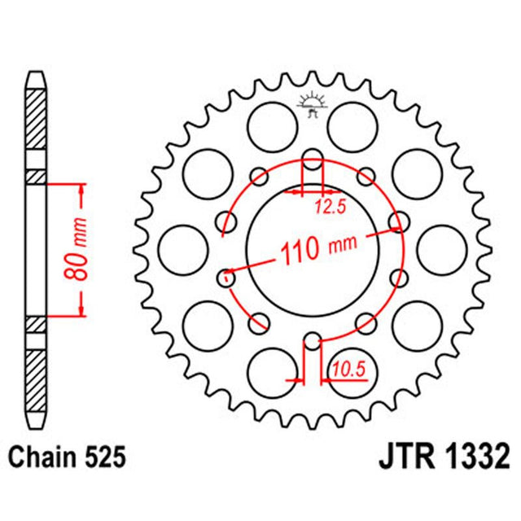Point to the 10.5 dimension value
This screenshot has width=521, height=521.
pos(343,372)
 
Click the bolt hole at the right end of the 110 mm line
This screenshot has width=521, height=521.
pos(398,221)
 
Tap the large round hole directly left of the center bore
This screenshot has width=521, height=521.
pos(180,250)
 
